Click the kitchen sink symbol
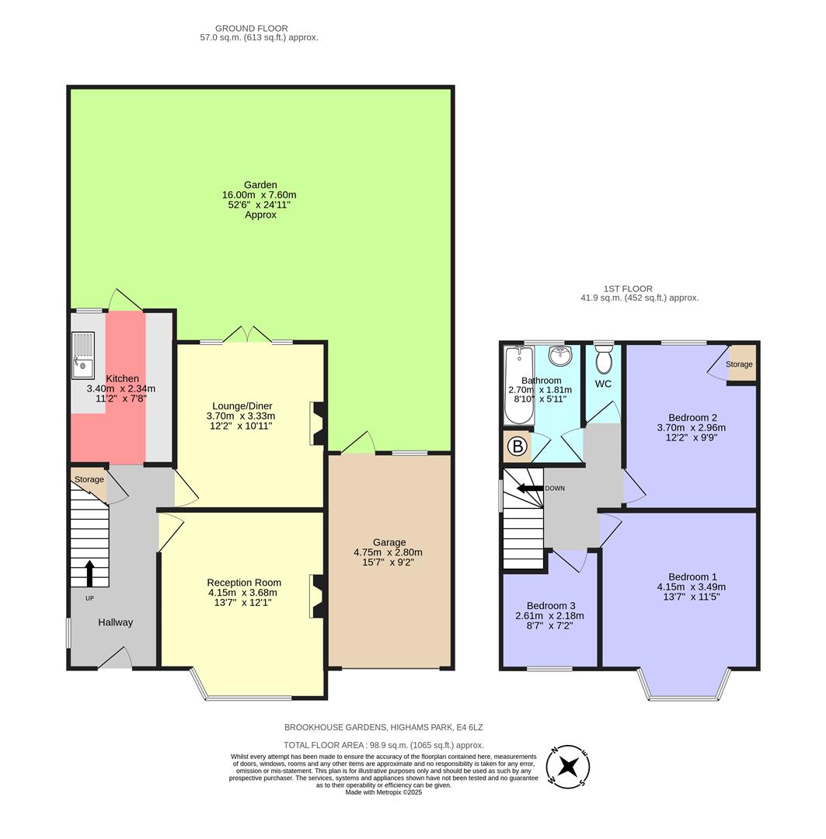[82, 354]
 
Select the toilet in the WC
[603, 360]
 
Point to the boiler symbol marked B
[515, 447]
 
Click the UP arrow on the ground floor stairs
[89, 573]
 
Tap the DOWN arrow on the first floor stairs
[531, 489]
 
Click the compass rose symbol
[569, 765]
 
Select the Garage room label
[389, 542]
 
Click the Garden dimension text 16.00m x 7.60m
[260, 195]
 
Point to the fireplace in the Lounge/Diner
[317, 423]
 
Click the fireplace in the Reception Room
[317, 596]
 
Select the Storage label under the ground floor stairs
[89, 479]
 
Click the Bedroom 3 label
[550, 605]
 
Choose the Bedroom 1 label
[692, 576]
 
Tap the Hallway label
[115, 622]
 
